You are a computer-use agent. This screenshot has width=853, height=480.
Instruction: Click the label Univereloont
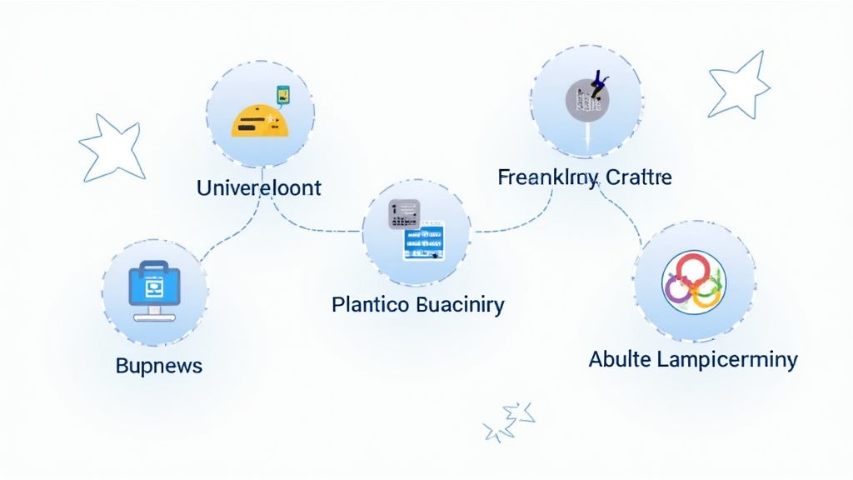coord(258,187)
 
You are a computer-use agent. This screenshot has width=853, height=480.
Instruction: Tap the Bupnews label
coord(159,366)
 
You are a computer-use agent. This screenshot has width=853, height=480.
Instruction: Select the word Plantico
coord(370,304)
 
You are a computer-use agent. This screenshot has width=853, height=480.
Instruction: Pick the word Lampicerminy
coord(726,360)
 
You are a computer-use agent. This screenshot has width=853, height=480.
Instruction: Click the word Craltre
coord(639,177)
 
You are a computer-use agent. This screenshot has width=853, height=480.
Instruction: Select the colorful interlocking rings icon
coord(693,281)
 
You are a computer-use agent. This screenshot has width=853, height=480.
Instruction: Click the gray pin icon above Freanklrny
coord(586,98)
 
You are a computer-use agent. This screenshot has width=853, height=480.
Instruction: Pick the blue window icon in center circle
coord(425,241)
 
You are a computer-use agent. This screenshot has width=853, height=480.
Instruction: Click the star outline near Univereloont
coord(112,147)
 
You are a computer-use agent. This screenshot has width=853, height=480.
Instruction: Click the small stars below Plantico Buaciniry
coord(510,421)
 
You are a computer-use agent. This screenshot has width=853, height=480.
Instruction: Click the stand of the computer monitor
coord(154,313)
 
